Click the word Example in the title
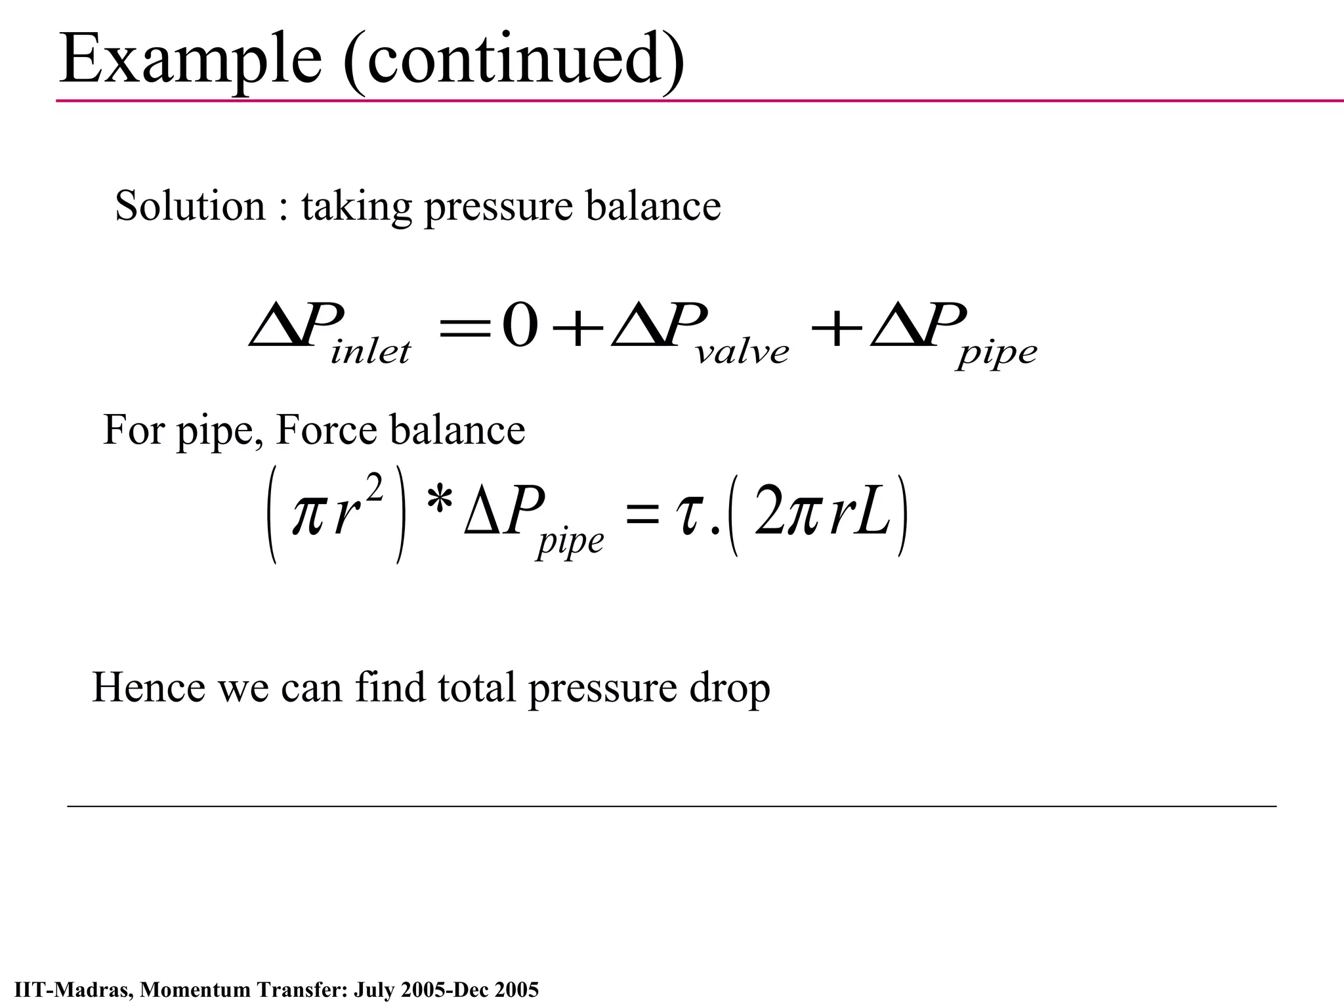(190, 60)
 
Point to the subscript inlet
(371, 352)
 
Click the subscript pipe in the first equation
(997, 355)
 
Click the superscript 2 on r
(373, 490)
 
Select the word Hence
(148, 688)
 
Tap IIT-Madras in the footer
(72, 989)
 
